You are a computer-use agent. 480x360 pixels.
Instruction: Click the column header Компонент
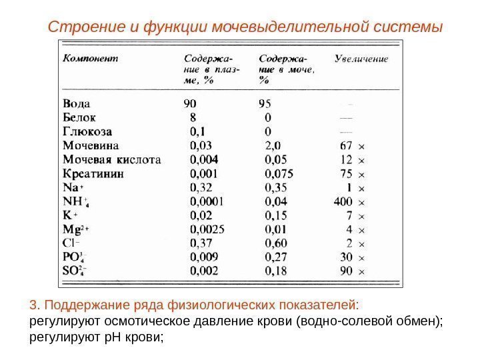point(91,58)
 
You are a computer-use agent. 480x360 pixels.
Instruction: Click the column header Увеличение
point(361,58)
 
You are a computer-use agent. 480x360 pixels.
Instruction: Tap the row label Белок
point(79,117)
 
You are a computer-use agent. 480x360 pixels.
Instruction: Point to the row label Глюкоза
point(87,131)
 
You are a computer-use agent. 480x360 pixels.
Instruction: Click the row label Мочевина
point(91,145)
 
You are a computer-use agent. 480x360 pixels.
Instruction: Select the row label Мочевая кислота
point(112,159)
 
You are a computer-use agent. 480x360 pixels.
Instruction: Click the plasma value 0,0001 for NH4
point(208,202)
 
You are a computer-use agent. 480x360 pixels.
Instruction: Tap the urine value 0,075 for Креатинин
point(280,173)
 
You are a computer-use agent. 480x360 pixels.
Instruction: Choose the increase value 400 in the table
point(343,202)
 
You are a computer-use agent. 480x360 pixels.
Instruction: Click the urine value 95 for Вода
point(265,103)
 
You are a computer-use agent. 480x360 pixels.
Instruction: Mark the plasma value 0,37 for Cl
point(202,244)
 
